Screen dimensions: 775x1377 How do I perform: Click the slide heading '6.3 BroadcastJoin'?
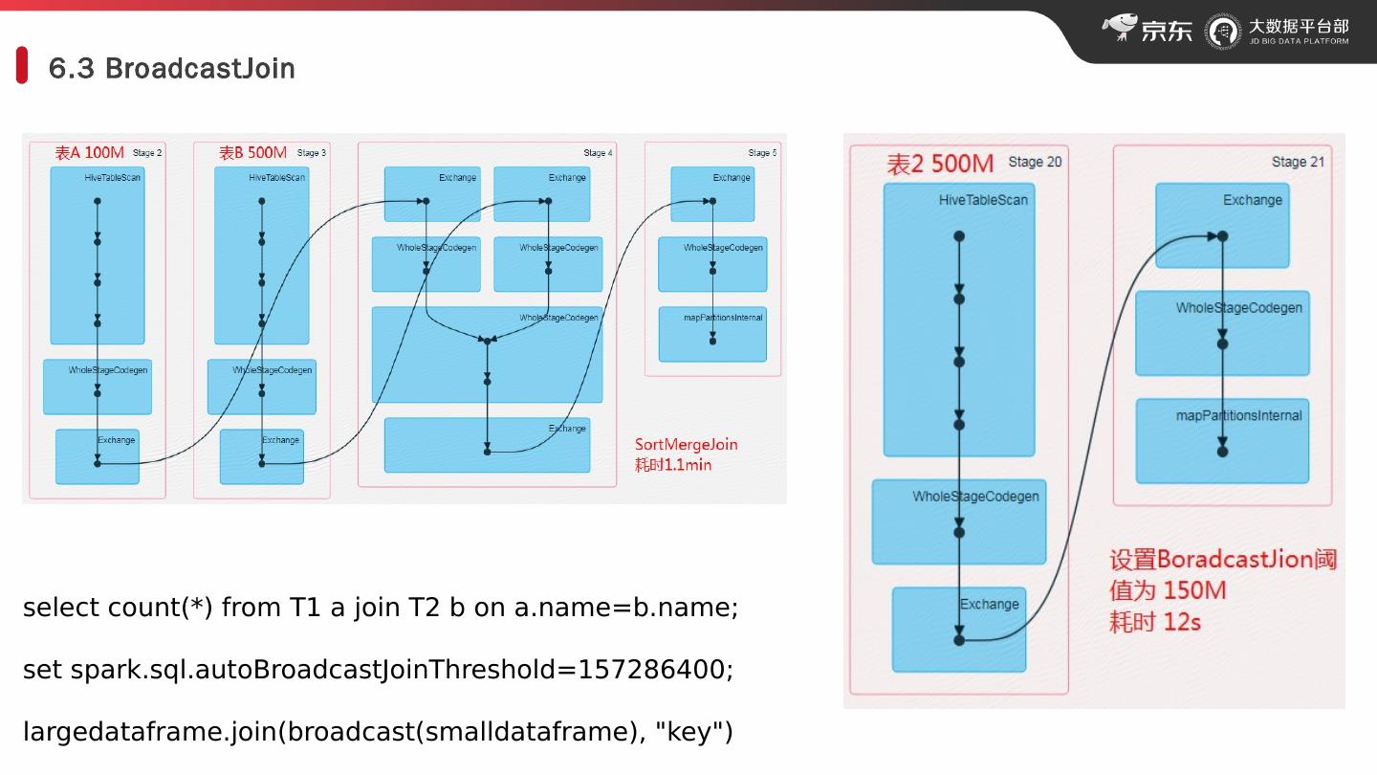pyautogui.click(x=171, y=68)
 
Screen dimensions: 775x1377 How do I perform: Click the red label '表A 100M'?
pyautogui.click(x=90, y=152)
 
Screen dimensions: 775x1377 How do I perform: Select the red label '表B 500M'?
pyautogui.click(x=253, y=152)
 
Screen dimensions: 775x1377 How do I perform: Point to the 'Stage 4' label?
pyautogui.click(x=599, y=153)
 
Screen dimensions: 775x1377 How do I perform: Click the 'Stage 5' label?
pyautogui.click(x=762, y=153)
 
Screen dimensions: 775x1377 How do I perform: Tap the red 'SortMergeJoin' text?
pyautogui.click(x=687, y=444)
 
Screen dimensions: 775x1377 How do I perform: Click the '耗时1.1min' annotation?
pyautogui.click(x=673, y=465)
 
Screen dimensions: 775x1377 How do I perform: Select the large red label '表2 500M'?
pyautogui.click(x=940, y=164)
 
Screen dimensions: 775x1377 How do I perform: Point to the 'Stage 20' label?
pyautogui.click(x=1035, y=162)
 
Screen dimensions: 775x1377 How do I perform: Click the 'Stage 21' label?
pyautogui.click(x=1298, y=162)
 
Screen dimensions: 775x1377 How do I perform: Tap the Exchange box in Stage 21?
pyautogui.click(x=1222, y=226)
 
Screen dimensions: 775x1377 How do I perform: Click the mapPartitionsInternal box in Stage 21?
pyautogui.click(x=1222, y=441)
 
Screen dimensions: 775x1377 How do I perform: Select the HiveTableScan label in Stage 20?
pyautogui.click(x=983, y=199)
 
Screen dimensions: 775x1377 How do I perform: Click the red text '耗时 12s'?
pyautogui.click(x=1154, y=622)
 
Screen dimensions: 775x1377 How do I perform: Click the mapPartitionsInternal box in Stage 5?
pyautogui.click(x=712, y=334)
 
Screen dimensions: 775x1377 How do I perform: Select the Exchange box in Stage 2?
pyautogui.click(x=98, y=456)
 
